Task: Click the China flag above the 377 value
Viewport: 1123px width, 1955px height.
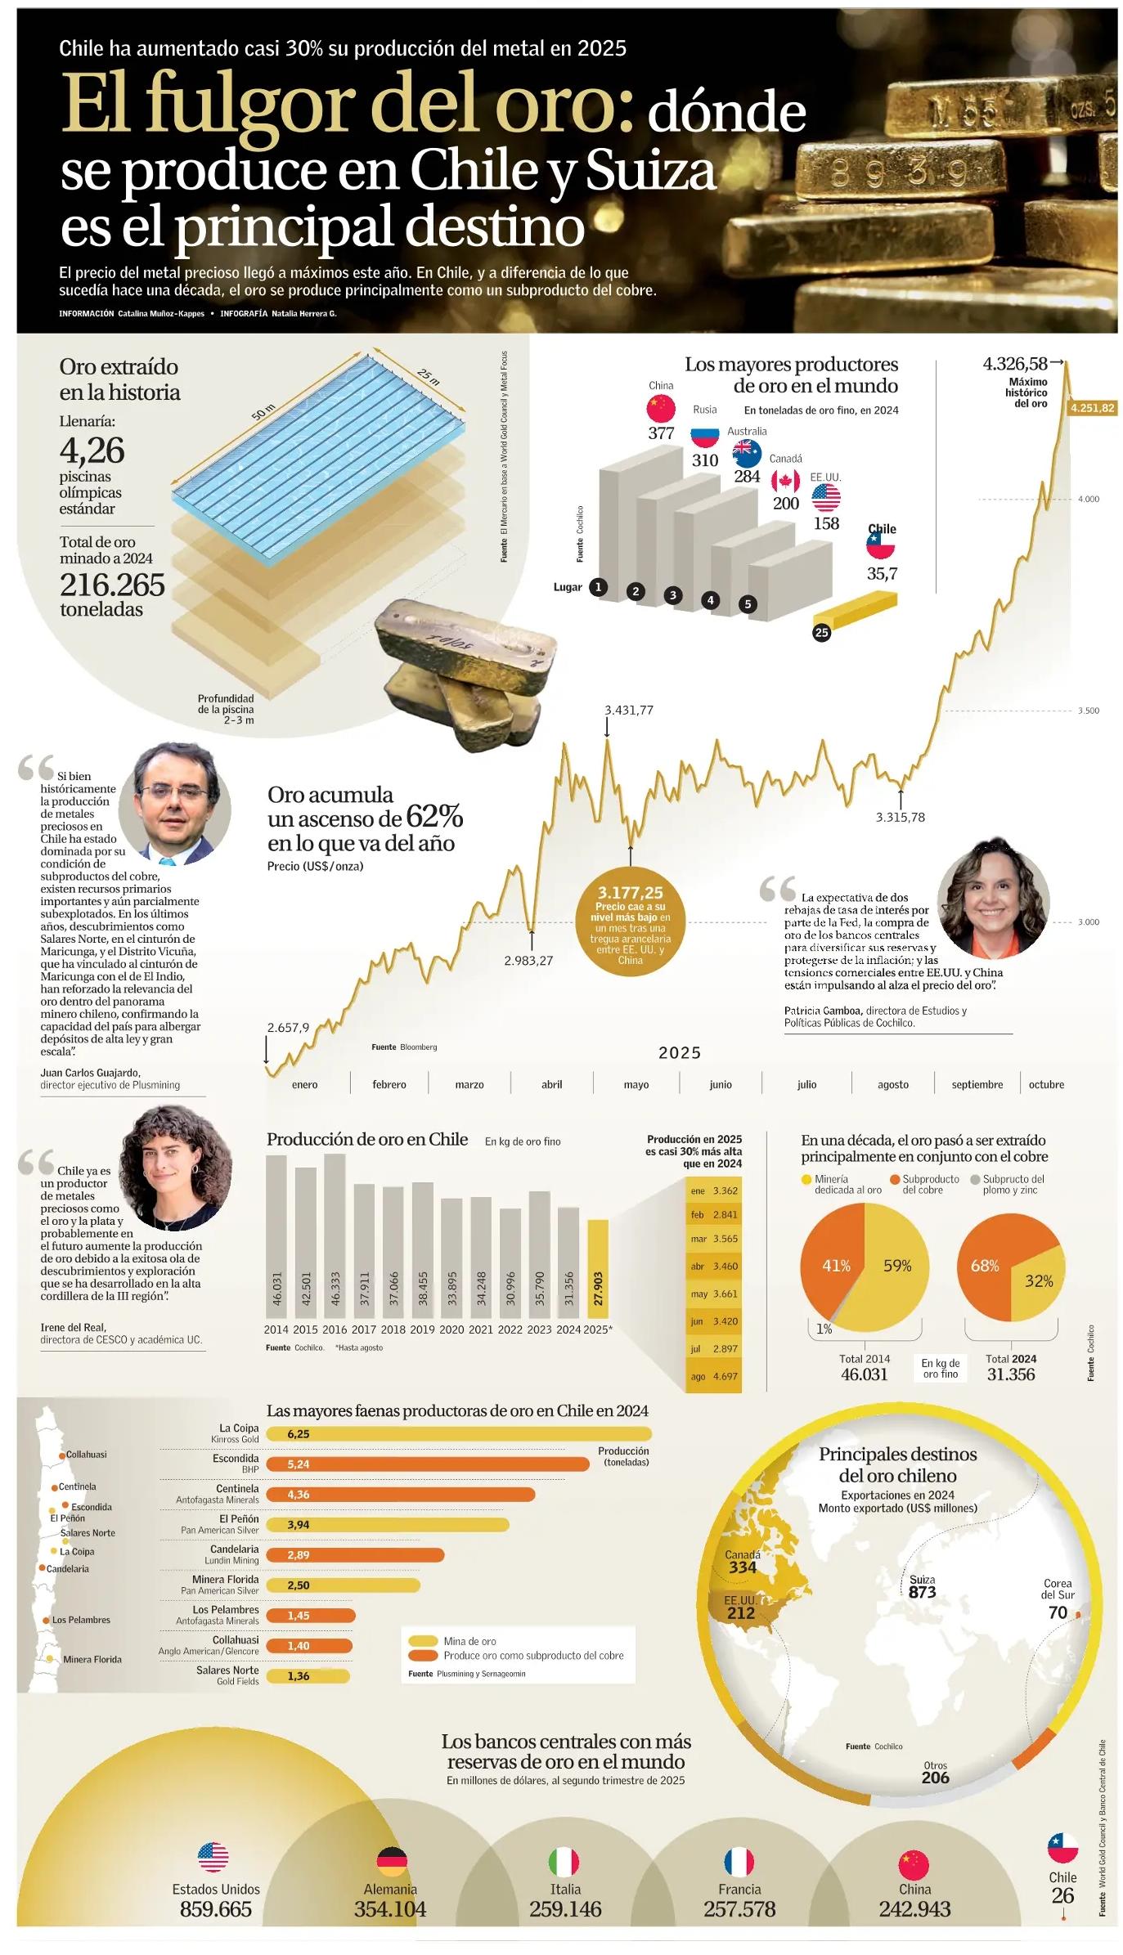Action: [661, 407]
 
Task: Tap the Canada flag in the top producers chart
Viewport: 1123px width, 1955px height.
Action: [785, 480]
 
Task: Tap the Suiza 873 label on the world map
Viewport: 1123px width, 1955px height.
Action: [922, 1587]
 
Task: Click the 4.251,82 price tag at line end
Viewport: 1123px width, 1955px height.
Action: [1092, 408]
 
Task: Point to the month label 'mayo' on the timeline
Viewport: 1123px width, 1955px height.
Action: [636, 1084]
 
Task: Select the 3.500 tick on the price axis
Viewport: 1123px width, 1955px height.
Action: [1088, 711]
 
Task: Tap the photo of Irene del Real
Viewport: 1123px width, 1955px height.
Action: [176, 1167]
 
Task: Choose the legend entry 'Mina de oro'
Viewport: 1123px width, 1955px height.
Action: [469, 1641]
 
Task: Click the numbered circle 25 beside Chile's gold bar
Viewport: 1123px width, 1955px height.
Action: [821, 632]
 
